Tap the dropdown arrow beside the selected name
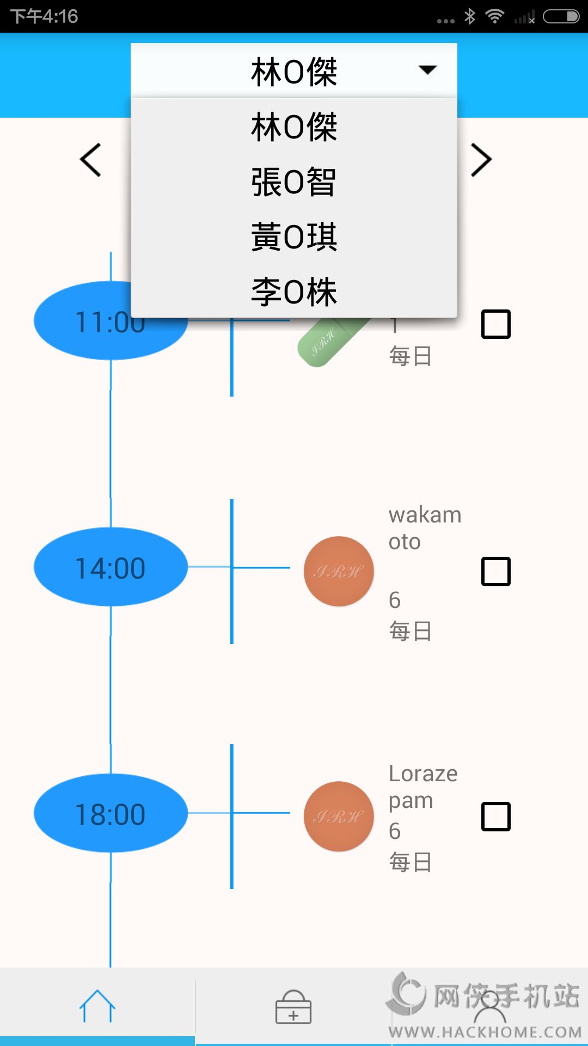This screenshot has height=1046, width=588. (427, 70)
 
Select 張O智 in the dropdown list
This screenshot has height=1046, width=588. (293, 182)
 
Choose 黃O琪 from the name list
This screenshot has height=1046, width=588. (293, 237)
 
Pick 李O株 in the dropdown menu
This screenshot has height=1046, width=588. (293, 292)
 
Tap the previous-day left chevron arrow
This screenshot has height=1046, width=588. (91, 160)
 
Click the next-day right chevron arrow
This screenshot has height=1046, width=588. (481, 160)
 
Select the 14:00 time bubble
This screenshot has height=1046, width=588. (111, 567)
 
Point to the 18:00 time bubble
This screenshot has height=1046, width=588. (111, 813)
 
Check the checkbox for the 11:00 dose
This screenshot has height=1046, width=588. (495, 324)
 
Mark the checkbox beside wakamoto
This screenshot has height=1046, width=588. (495, 571)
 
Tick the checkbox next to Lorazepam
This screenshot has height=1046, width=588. (495, 816)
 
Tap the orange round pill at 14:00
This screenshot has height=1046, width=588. (339, 571)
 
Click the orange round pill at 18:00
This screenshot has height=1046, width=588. (339, 816)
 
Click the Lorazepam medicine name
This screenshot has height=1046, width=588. (422, 787)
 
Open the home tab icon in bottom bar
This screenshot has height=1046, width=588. (97, 1006)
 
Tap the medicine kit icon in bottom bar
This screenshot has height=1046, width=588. (293, 1007)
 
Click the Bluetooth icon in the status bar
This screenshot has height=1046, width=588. (470, 16)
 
